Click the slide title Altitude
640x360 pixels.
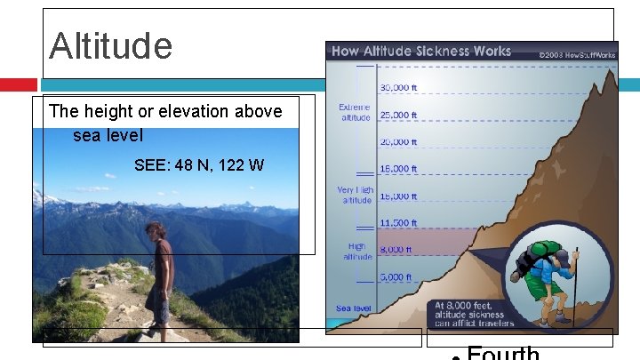click(111, 46)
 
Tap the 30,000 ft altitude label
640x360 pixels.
click(399, 88)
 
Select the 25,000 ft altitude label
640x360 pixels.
click(399, 115)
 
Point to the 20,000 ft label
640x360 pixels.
click(399, 141)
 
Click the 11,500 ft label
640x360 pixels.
click(399, 222)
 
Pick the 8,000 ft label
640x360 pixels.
click(396, 250)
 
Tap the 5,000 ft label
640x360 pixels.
click(396, 276)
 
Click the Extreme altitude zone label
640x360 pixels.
click(355, 112)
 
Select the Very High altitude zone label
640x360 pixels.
click(355, 195)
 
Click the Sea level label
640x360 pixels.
click(353, 308)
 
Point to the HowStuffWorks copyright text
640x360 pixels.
click(577, 54)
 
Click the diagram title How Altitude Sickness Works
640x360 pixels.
click(421, 52)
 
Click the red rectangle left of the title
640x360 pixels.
click(18, 84)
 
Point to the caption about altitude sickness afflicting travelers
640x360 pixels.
click(468, 314)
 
